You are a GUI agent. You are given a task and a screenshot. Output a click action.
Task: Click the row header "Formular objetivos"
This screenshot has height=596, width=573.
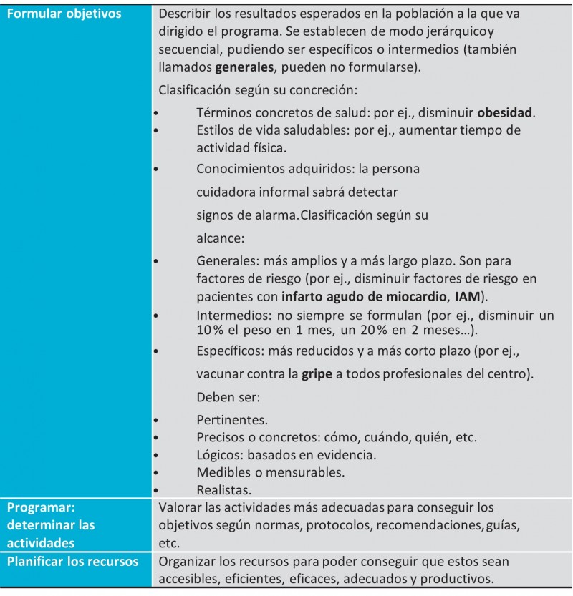[x=64, y=14]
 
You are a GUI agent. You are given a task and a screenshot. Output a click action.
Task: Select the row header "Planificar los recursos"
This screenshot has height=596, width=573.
[x=72, y=561]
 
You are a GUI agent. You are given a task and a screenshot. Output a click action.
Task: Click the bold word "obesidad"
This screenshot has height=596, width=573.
[x=506, y=113]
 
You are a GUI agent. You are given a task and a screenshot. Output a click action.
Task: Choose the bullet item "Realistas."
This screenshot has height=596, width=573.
[x=223, y=490]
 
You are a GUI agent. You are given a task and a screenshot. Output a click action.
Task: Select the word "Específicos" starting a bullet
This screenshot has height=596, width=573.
[x=228, y=351]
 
